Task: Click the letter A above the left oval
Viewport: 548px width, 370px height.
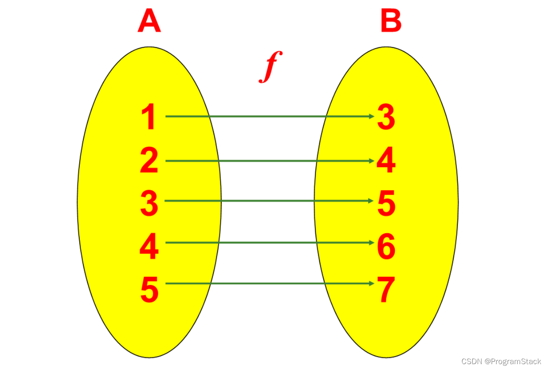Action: [x=149, y=21]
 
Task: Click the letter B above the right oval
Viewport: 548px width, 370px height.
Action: [x=391, y=21]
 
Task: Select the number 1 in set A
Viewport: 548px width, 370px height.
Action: [x=149, y=117]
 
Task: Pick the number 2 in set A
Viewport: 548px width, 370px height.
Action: [x=149, y=161]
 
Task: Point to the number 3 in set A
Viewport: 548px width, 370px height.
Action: [x=149, y=203]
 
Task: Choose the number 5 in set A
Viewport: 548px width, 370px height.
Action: [x=149, y=290]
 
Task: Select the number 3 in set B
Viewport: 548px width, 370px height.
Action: [x=386, y=117]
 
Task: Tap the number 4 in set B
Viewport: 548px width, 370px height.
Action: [x=386, y=161]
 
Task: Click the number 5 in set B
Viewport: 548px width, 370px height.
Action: [x=386, y=203]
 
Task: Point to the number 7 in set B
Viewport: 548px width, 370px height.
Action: [x=386, y=290]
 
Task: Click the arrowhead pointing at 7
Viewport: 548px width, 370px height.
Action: [x=371, y=284]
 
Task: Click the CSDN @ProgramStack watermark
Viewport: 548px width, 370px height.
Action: [x=501, y=361]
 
